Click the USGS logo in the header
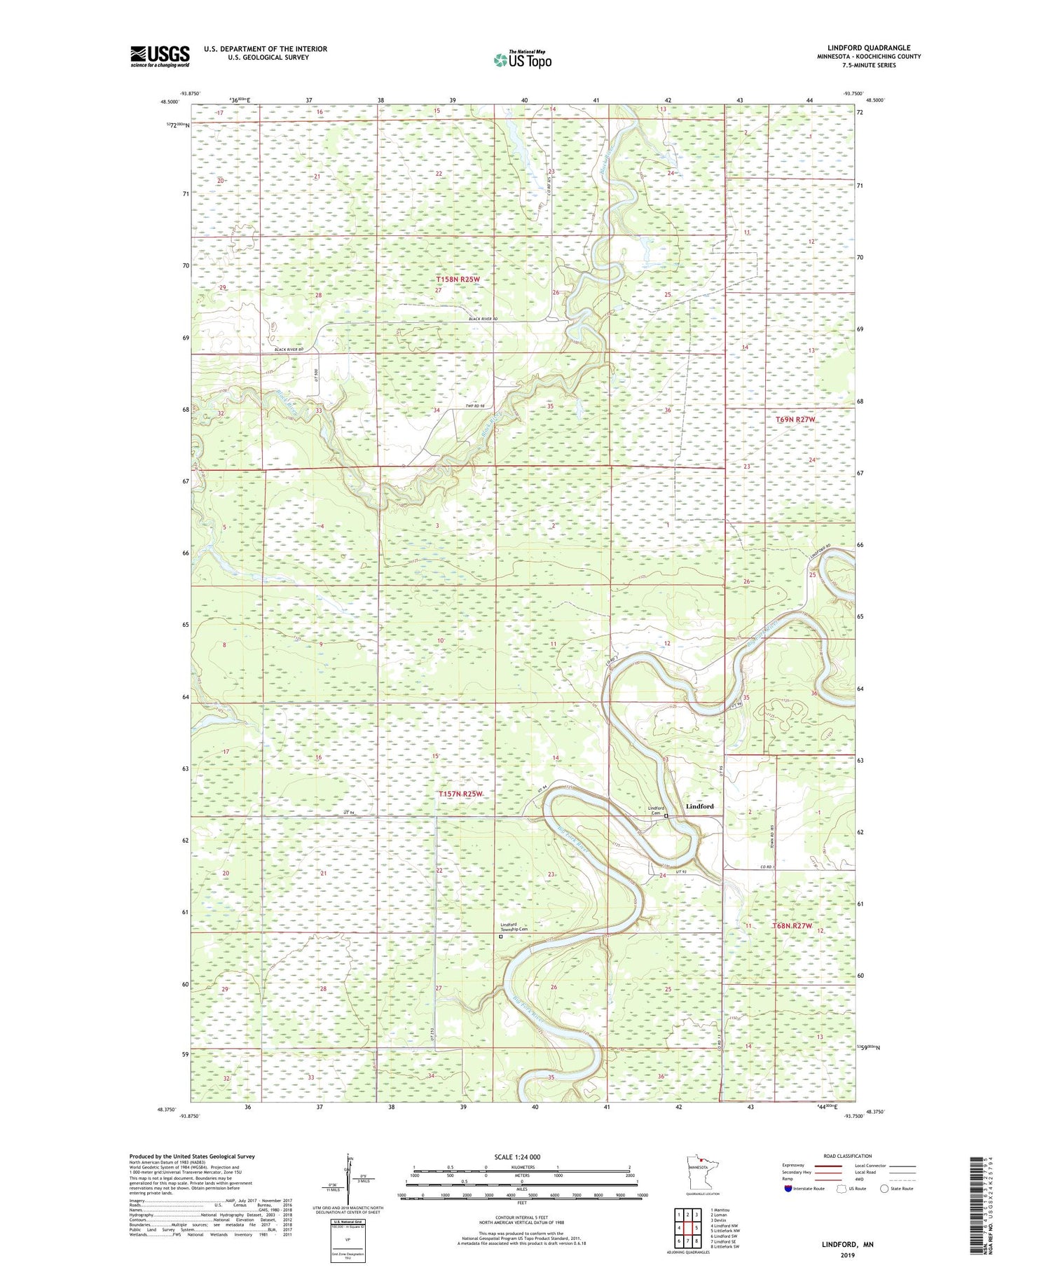pos(159,56)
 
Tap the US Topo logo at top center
pos(522,60)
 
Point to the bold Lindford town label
pos(699,806)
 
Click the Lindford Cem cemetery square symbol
pos(666,816)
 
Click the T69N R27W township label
pos(796,420)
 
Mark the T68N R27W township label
pos(792,926)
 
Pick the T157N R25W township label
pos(460,794)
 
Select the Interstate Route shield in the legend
pos(789,1189)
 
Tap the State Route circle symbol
pos(884,1189)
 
